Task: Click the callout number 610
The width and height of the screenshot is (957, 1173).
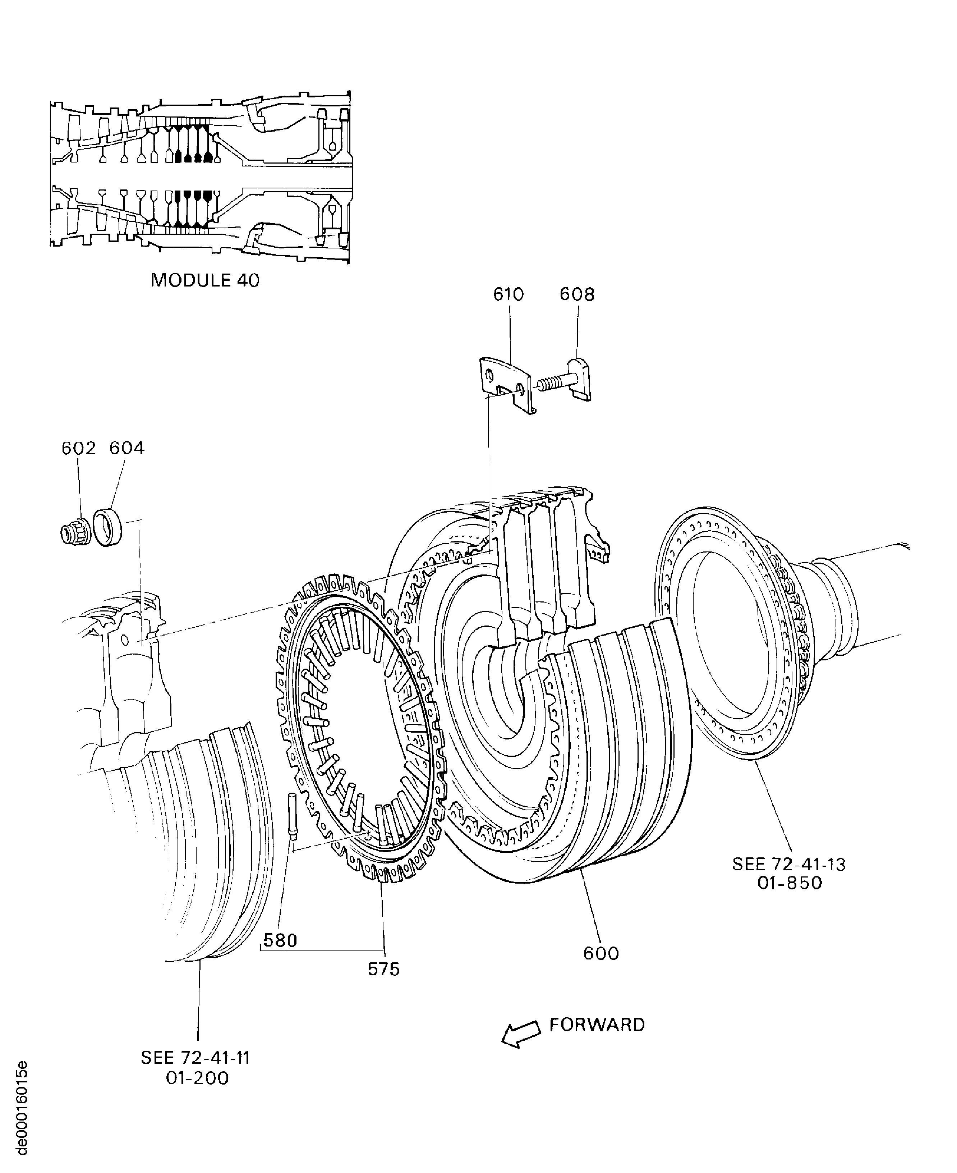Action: point(508,294)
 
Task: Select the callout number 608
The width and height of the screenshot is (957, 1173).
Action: point(577,294)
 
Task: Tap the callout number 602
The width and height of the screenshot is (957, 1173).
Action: point(78,448)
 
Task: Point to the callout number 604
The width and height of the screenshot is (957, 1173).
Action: point(127,448)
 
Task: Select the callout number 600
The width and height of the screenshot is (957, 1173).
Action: point(601,953)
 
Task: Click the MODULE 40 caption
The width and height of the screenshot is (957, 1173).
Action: point(205,280)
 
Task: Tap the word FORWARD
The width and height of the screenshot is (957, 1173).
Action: point(597,1025)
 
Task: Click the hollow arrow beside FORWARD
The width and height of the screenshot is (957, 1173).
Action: point(521,1033)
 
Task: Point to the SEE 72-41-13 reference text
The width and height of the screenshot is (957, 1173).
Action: point(789,864)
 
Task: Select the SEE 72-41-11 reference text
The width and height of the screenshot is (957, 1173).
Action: point(196,1058)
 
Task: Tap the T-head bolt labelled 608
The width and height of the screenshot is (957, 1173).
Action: point(568,381)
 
